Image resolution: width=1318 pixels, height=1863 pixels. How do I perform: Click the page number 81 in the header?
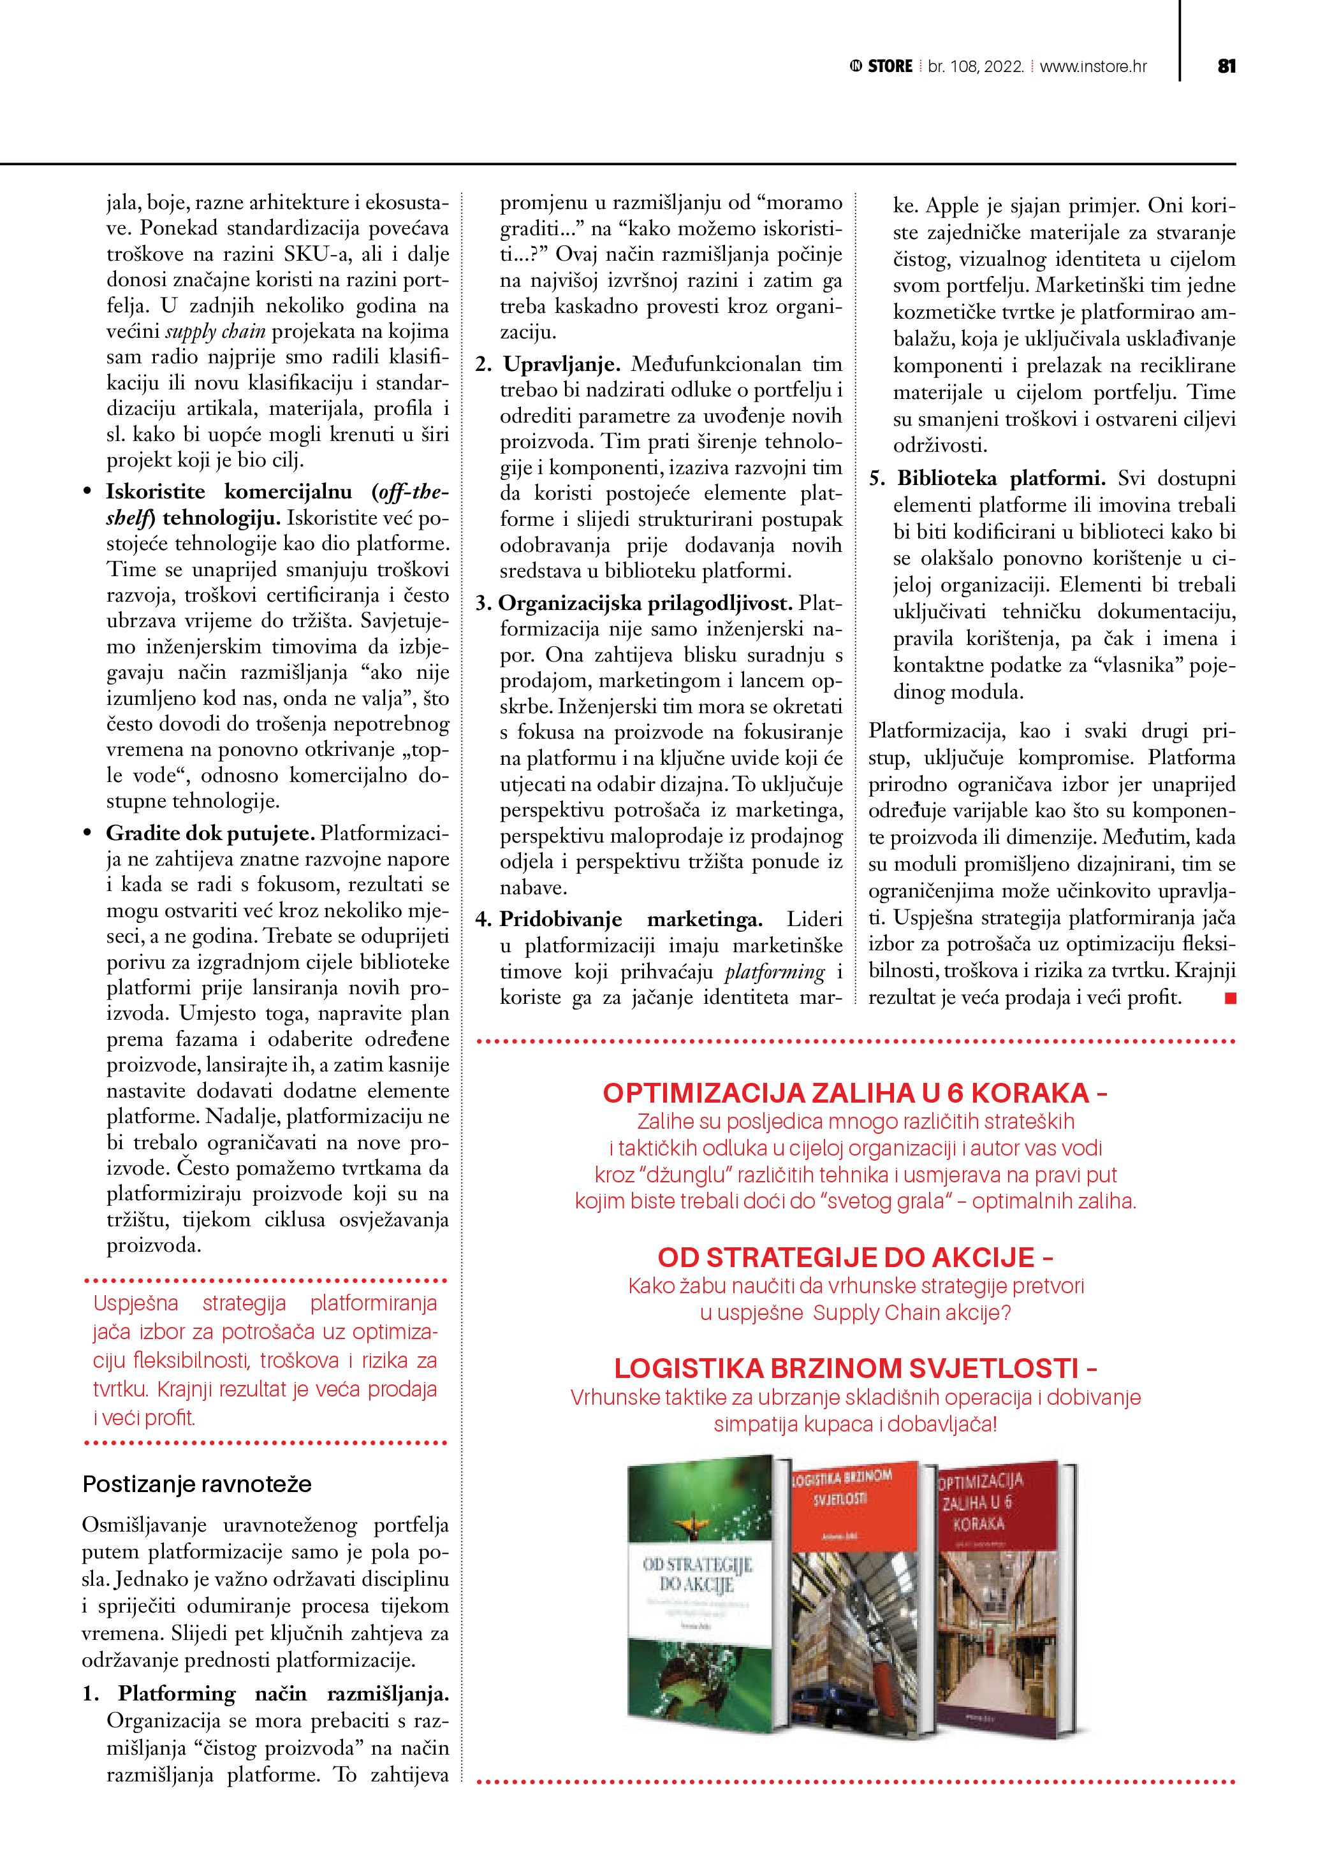pyautogui.click(x=1226, y=66)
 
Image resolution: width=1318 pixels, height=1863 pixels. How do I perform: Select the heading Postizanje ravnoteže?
pyautogui.click(x=197, y=1484)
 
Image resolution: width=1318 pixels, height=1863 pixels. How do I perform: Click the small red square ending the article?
pyautogui.click(x=1231, y=998)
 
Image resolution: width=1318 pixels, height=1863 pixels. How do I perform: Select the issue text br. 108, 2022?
pyautogui.click(x=976, y=66)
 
